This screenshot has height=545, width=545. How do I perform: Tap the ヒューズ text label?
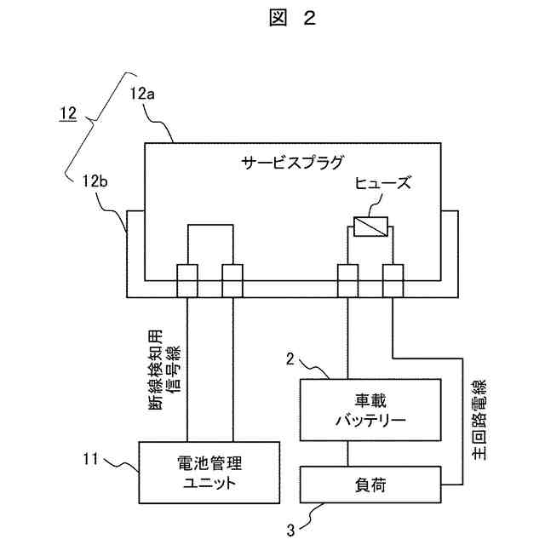point(381,184)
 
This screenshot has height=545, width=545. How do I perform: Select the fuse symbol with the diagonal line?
point(370,227)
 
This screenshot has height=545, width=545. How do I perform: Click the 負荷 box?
point(370,485)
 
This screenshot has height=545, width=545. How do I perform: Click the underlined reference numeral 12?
point(67,112)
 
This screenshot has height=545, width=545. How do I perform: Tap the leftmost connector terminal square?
point(186,281)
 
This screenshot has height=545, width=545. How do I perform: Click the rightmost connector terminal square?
point(393,281)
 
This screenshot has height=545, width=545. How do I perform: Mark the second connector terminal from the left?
point(232,281)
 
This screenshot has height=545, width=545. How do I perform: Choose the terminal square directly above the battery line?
point(347,281)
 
